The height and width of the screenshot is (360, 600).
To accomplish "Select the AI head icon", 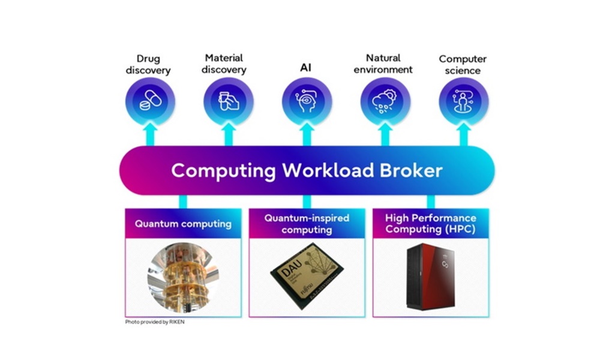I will pyautogui.click(x=307, y=101).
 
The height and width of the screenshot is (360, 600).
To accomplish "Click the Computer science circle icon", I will pyautogui.click(x=463, y=101).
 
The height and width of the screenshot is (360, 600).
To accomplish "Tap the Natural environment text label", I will pyautogui.click(x=383, y=64).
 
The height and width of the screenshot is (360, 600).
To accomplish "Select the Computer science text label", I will pyautogui.click(x=463, y=64).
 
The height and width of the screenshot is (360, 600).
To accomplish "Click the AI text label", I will pyautogui.click(x=306, y=67).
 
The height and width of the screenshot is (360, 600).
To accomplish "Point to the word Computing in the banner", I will pyautogui.click(x=223, y=171).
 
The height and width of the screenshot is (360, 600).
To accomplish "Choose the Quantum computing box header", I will pyautogui.click(x=183, y=224).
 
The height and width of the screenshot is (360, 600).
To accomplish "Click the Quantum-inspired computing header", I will pyautogui.click(x=307, y=224).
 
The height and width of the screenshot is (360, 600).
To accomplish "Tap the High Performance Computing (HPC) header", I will pyautogui.click(x=430, y=224).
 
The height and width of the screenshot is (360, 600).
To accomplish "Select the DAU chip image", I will pyautogui.click(x=307, y=273).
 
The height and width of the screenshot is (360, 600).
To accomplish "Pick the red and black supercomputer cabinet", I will pyautogui.click(x=431, y=275).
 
